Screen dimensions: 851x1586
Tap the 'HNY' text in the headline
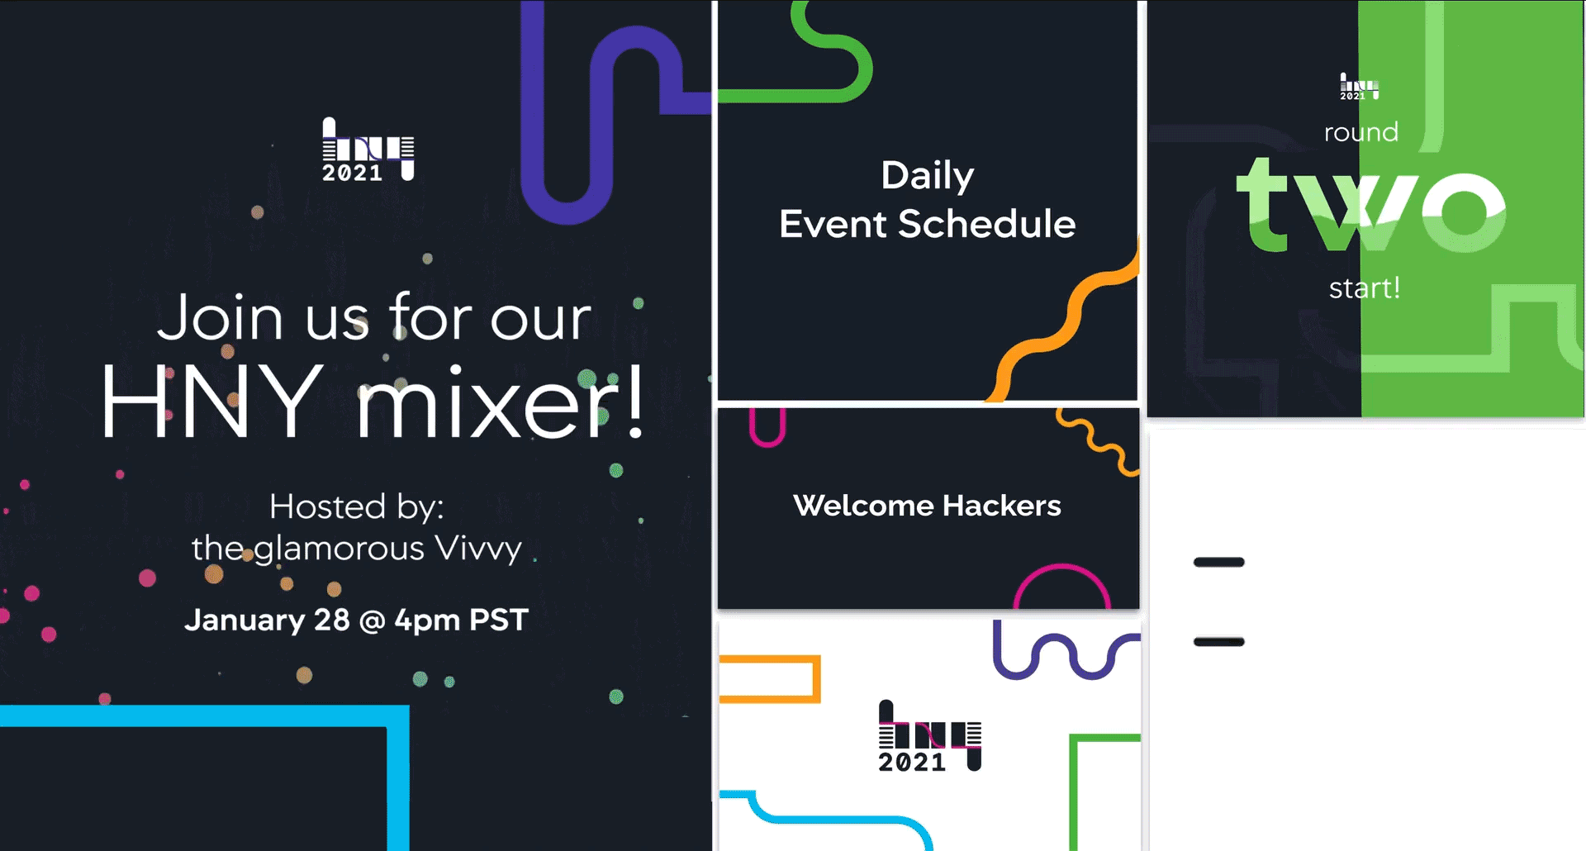(x=212, y=402)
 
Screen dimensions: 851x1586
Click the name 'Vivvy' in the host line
(x=478, y=549)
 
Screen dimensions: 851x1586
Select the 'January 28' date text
(x=267, y=620)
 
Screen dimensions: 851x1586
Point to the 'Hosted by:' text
(x=356, y=506)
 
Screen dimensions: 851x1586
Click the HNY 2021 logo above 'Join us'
(x=367, y=150)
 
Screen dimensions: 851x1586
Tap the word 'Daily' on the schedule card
(x=927, y=175)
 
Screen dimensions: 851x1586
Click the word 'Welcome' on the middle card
(x=862, y=505)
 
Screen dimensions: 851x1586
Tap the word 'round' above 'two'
(x=1360, y=132)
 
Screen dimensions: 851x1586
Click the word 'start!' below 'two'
(x=1364, y=288)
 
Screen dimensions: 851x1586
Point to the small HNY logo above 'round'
(x=1358, y=86)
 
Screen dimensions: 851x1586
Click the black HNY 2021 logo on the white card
(x=928, y=737)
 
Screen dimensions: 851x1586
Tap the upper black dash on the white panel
(x=1218, y=563)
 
